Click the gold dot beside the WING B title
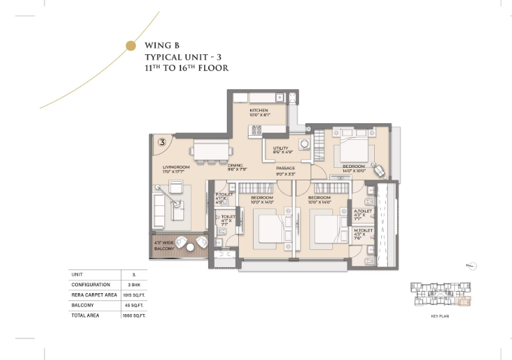[130, 46]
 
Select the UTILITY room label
[281, 148]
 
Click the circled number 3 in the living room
[162, 142]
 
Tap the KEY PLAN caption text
[441, 316]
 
